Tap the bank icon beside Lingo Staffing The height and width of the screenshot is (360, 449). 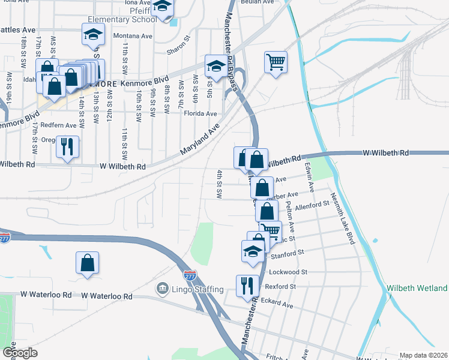pos(162,289)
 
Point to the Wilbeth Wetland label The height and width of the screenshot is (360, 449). pos(417,288)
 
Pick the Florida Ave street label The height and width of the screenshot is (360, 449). pos(200,113)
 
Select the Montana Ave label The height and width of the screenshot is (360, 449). pos(133,36)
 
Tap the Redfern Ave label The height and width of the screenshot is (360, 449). pos(59,125)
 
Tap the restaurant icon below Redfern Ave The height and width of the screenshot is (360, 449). pos(67,146)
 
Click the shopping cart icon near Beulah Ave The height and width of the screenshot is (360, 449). pos(276,61)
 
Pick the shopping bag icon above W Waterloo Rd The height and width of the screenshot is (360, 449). pos(88,262)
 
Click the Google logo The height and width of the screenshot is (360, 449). pos(20,353)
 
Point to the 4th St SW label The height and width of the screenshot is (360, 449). pos(220,185)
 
